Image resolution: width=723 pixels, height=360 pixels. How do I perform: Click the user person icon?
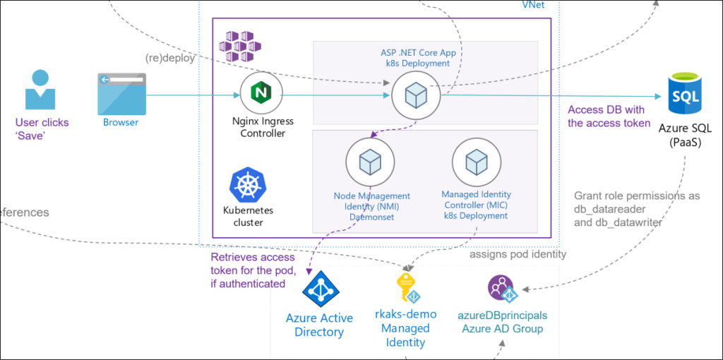40,89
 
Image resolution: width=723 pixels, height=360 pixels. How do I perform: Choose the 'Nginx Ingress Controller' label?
262,127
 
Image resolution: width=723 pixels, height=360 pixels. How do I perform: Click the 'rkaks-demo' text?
406,315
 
